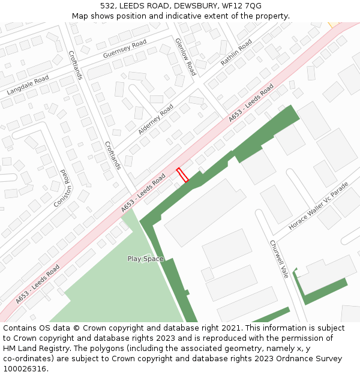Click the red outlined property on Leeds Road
coord(182,175)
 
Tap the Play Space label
coord(145,259)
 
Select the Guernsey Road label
coord(125,49)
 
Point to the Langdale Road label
coord(28,86)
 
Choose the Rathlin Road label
coord(236,53)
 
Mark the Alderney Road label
coord(155,119)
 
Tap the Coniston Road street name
coord(62,188)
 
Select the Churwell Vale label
coord(279,259)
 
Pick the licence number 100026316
coord(24,369)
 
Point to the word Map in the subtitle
coord(80,16)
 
